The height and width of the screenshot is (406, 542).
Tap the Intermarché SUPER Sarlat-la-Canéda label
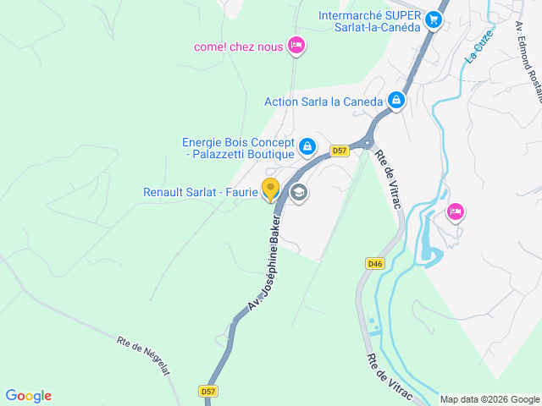click(370, 21)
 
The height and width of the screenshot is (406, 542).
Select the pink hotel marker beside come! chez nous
click(296, 46)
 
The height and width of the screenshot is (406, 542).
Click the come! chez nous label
click(238, 47)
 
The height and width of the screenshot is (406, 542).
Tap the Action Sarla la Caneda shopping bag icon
click(395, 101)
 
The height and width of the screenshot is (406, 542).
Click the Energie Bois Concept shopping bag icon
click(307, 147)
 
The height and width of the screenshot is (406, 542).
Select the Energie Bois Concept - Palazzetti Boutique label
click(238, 148)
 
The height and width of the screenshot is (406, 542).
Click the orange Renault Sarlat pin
click(270, 189)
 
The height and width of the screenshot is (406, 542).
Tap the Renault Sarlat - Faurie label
click(200, 192)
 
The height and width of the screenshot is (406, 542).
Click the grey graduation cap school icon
click(298, 194)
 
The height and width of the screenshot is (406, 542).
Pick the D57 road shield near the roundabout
click(340, 151)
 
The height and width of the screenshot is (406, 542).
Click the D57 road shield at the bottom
click(208, 391)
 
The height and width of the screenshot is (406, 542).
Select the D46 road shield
click(375, 264)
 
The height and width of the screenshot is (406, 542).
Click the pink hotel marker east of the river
click(456, 211)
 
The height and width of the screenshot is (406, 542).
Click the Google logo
click(28, 395)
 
